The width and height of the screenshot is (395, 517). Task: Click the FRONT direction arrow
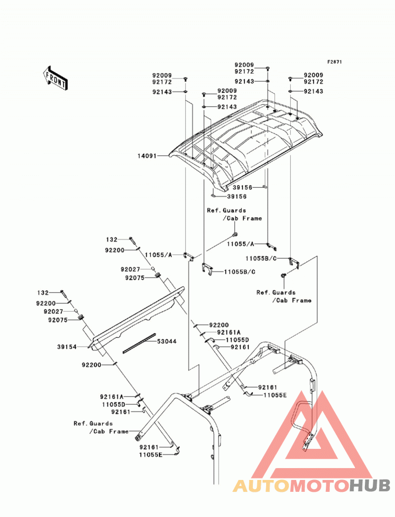pyautogui.click(x=55, y=78)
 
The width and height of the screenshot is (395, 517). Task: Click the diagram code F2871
pyautogui.click(x=335, y=62)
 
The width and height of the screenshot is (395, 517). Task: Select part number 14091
pyautogui.click(x=147, y=156)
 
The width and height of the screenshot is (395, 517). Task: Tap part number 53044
pyautogui.click(x=166, y=341)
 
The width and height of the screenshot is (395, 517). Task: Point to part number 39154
pyautogui.click(x=67, y=347)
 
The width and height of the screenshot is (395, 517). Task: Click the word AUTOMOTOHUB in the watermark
pyautogui.click(x=312, y=486)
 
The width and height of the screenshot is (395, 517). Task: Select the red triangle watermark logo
pyautogui.click(x=312, y=435)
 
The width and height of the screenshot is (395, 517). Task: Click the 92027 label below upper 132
pyautogui.click(x=130, y=270)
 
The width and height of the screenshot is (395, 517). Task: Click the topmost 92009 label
pyautogui.click(x=244, y=65)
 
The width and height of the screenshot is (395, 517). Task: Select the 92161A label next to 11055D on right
pyautogui.click(x=229, y=332)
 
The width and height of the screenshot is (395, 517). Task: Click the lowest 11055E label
pyautogui.click(x=151, y=455)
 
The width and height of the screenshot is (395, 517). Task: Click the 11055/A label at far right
pyautogui.click(x=240, y=244)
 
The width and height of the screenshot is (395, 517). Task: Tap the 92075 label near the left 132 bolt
pyautogui.click(x=58, y=320)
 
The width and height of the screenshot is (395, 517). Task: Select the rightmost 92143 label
pyautogui.click(x=314, y=91)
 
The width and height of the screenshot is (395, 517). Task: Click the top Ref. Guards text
pyautogui.click(x=227, y=210)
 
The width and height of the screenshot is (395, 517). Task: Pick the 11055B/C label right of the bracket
pyautogui.click(x=239, y=272)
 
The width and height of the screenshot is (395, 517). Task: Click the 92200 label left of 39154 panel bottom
pyautogui.click(x=92, y=365)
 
